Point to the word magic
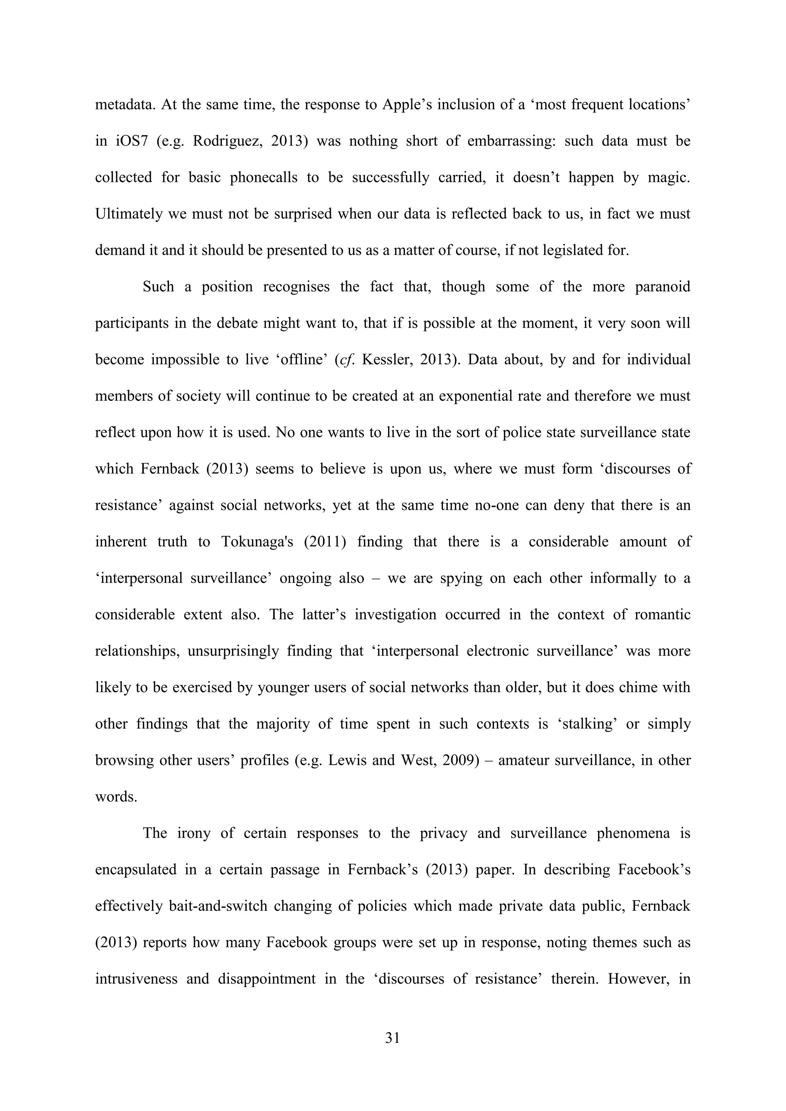pyautogui.click(x=669, y=178)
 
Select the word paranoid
pyautogui.click(x=662, y=287)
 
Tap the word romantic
pyautogui.click(x=662, y=615)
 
